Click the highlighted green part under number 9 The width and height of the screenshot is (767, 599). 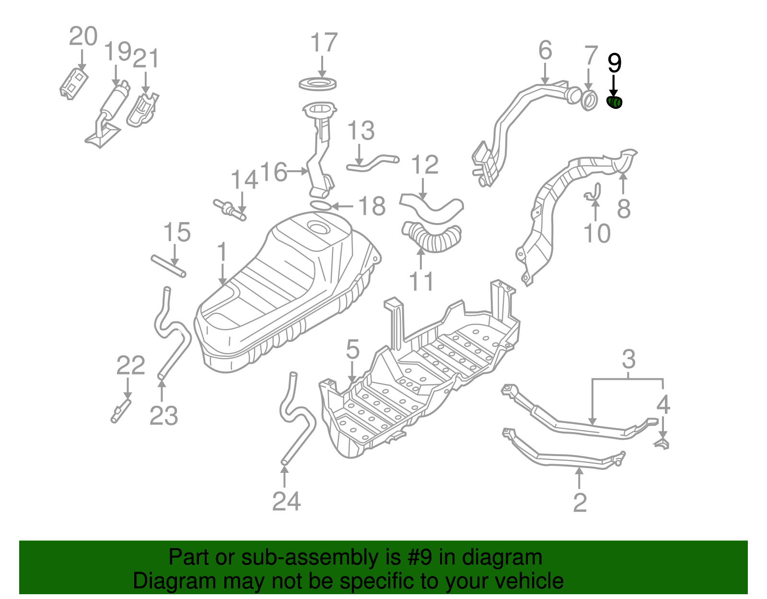[615, 102]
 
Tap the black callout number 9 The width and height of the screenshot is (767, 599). [614, 63]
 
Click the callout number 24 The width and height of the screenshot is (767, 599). [286, 502]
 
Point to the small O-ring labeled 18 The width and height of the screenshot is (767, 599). [321, 206]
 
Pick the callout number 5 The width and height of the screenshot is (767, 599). [352, 349]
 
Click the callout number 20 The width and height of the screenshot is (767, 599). [83, 36]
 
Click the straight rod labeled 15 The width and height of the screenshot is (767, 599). [168, 266]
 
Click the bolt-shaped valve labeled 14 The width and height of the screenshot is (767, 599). [230, 210]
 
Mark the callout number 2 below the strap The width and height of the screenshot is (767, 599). [580, 503]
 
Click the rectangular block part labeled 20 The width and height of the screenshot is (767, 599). [74, 84]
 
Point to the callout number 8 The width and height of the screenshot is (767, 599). [623, 208]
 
